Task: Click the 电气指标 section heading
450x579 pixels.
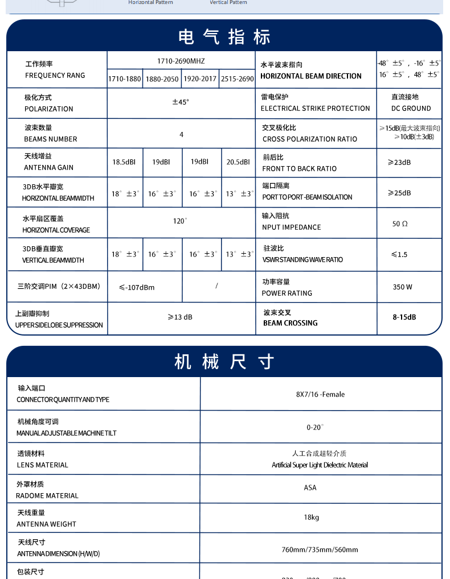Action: pos(224,37)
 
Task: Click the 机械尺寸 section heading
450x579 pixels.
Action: pos(224,362)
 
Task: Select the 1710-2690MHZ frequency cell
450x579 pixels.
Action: pos(181,60)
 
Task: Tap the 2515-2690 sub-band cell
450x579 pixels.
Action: pos(237,79)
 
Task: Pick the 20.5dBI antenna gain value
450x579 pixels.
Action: pos(238,162)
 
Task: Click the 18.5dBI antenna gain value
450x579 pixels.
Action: pos(124,162)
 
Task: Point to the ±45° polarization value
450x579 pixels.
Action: pos(181,102)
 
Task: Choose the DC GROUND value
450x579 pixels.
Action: pos(411,108)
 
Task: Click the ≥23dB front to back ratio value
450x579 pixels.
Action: pos(399,163)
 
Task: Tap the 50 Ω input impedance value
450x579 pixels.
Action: pos(400,224)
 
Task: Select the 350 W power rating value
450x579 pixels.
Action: pos(402,287)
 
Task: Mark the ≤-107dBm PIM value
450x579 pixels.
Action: pos(137,288)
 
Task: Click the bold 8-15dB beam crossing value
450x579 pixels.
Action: pos(404,317)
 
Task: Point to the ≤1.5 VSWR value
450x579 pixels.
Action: pos(399,255)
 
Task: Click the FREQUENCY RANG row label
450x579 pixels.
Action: pos(55,76)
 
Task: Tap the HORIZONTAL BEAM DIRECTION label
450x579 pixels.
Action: pos(311,76)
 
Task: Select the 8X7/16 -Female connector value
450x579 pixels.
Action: pos(320,395)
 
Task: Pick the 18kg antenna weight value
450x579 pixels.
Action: pos(311,518)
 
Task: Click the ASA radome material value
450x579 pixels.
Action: pos(310,488)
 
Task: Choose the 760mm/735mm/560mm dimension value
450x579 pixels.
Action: pos(320,550)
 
